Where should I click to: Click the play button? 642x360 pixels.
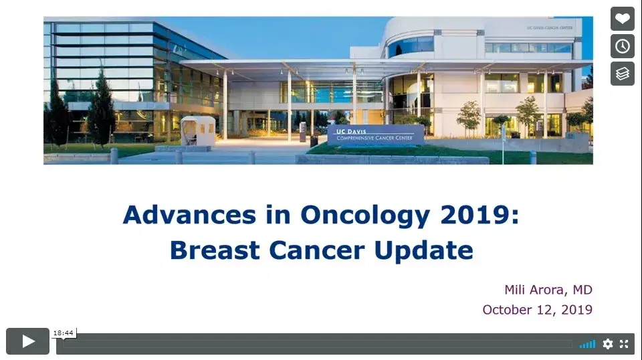27,341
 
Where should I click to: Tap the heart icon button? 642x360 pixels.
623,19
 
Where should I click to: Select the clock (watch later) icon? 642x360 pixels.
623,46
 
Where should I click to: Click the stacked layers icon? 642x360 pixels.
623,74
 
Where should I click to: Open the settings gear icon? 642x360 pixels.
608,344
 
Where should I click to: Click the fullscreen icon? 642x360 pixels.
624,344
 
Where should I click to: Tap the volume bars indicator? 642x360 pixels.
588,344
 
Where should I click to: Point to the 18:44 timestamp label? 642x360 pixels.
64,333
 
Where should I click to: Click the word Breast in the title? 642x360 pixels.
215,250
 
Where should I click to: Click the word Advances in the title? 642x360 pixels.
189,215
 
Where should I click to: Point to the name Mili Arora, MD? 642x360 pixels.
548,290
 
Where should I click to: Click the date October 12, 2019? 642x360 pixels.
537,310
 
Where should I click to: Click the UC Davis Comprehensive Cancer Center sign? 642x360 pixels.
375,135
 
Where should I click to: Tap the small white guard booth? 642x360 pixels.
198,130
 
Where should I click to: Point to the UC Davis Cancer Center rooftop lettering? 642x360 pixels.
550,28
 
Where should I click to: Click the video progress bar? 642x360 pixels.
317,345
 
